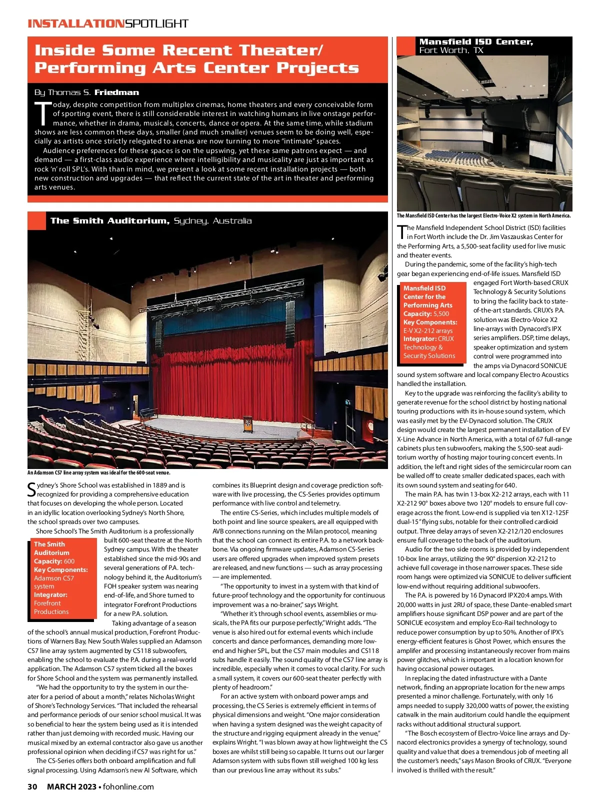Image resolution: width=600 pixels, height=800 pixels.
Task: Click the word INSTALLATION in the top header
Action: [75, 23]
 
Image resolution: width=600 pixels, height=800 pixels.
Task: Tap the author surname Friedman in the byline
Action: [116, 92]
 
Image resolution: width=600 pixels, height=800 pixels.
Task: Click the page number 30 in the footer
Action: [32, 786]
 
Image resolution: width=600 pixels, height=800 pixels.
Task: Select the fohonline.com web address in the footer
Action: [128, 786]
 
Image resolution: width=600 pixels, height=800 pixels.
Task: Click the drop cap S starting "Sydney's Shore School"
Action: [31, 489]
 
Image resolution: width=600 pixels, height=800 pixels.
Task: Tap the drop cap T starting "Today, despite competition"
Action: [42, 113]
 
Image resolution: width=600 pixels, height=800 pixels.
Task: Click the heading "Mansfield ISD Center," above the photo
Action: [476, 42]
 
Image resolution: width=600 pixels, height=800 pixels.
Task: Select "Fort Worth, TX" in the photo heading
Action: [451, 50]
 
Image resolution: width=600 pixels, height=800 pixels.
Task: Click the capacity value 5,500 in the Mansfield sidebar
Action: [441, 313]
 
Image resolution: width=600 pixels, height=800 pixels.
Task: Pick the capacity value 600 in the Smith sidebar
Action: [69, 561]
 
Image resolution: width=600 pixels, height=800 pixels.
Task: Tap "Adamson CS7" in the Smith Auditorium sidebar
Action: [54, 578]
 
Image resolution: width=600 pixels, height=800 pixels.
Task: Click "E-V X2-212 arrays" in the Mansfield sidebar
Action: [428, 330]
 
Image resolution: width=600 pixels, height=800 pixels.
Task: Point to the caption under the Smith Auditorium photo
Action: [99, 472]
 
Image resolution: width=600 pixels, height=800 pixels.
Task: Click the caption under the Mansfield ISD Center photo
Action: [483, 216]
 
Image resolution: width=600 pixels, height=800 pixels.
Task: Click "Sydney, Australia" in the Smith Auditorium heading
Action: [212, 221]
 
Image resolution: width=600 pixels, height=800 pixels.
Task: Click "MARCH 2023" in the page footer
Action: [73, 786]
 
